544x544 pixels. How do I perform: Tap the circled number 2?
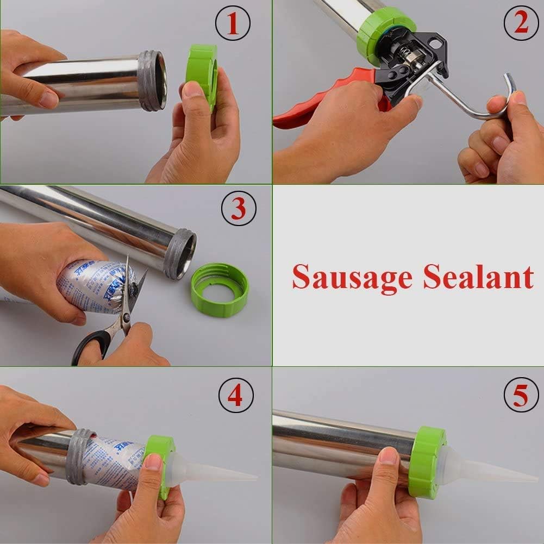(521, 24)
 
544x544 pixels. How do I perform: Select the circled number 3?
(239, 208)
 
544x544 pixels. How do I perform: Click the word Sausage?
(352, 278)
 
